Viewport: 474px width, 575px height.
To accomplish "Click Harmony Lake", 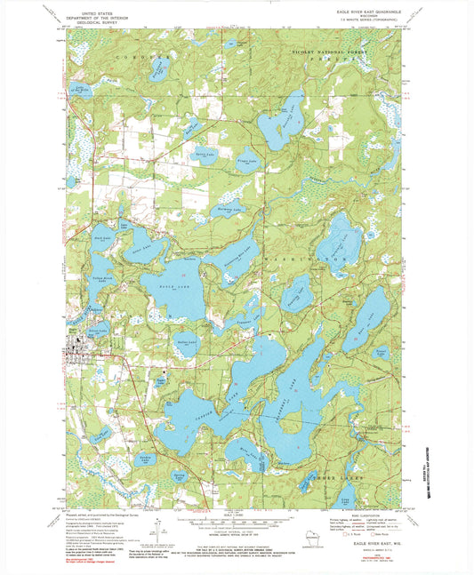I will click(230, 211).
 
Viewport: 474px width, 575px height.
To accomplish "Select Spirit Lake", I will click(205, 154).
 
